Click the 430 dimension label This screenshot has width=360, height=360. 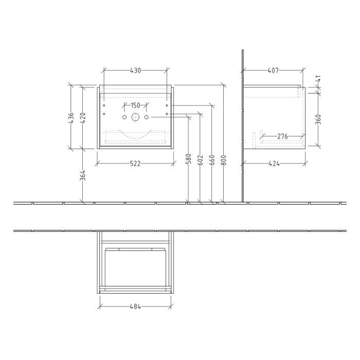click(x=135, y=70)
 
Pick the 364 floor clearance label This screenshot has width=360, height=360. click(x=82, y=175)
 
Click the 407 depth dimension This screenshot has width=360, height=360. click(x=274, y=70)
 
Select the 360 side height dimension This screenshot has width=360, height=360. click(x=318, y=119)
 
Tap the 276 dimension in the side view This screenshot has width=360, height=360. click(x=282, y=136)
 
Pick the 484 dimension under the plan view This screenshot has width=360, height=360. click(x=135, y=307)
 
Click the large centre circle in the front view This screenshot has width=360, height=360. click(x=135, y=117)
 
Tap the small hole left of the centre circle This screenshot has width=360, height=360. click(x=124, y=117)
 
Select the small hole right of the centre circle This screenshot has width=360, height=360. click(x=147, y=117)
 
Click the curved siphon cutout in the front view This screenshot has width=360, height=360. click(x=135, y=135)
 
